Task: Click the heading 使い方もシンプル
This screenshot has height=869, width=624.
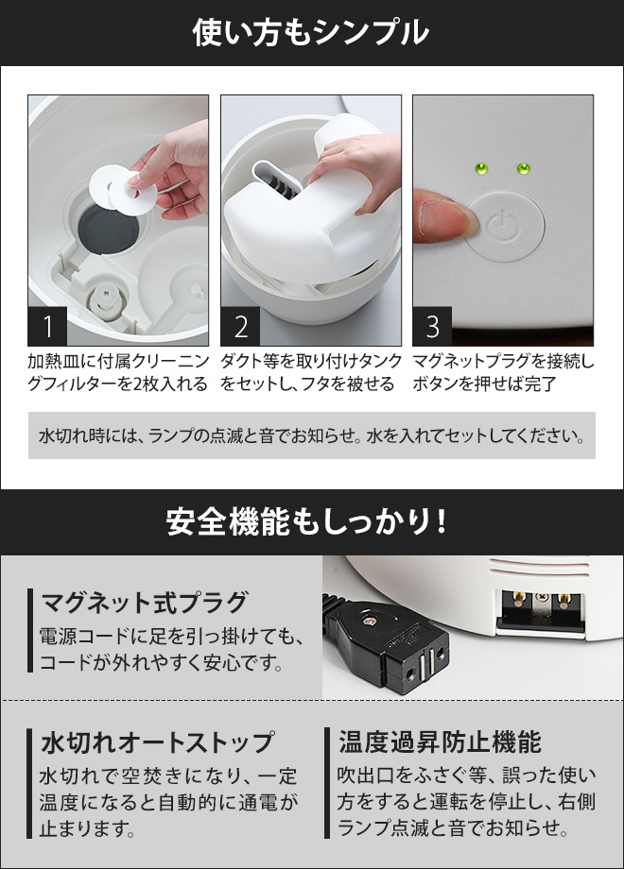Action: (311, 33)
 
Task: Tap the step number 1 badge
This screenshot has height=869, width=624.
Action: (47, 327)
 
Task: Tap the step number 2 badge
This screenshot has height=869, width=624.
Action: (240, 327)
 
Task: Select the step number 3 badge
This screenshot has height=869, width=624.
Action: (433, 327)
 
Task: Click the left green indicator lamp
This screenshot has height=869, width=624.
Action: (480, 169)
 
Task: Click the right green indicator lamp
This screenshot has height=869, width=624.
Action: (523, 169)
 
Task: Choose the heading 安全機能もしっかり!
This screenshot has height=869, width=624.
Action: (311, 521)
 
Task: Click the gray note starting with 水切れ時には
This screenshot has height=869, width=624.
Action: (311, 437)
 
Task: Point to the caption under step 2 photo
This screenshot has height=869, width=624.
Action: (311, 373)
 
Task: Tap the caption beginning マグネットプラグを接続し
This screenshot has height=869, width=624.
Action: (503, 373)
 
